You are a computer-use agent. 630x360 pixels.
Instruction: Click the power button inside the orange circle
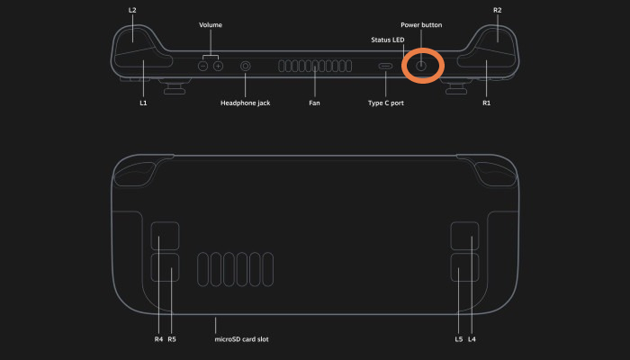click(420, 66)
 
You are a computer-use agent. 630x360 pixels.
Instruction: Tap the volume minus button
click(202, 67)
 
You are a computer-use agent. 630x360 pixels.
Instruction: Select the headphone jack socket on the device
click(246, 67)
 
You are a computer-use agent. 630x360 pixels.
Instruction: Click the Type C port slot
click(385, 67)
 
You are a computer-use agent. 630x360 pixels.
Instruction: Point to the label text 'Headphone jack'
click(245, 103)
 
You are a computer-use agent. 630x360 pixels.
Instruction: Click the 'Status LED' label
click(387, 40)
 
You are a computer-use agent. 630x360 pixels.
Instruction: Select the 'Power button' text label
click(421, 25)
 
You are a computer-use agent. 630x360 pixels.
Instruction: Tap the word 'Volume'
click(211, 25)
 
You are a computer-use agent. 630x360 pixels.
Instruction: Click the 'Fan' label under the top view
click(314, 103)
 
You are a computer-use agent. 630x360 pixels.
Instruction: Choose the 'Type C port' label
click(386, 103)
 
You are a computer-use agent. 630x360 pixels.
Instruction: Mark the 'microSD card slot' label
click(241, 339)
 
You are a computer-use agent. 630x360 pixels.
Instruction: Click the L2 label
click(132, 11)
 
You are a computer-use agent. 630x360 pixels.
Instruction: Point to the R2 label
click(498, 11)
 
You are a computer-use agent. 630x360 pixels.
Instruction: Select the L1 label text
click(143, 103)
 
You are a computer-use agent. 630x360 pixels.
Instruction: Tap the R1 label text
click(486, 103)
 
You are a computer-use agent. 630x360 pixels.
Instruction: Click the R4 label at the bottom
click(158, 339)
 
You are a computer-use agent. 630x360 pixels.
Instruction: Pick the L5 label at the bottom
click(459, 339)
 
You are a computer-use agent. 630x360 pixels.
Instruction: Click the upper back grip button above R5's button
click(165, 236)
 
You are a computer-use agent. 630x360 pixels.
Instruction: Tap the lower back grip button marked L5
click(465, 267)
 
